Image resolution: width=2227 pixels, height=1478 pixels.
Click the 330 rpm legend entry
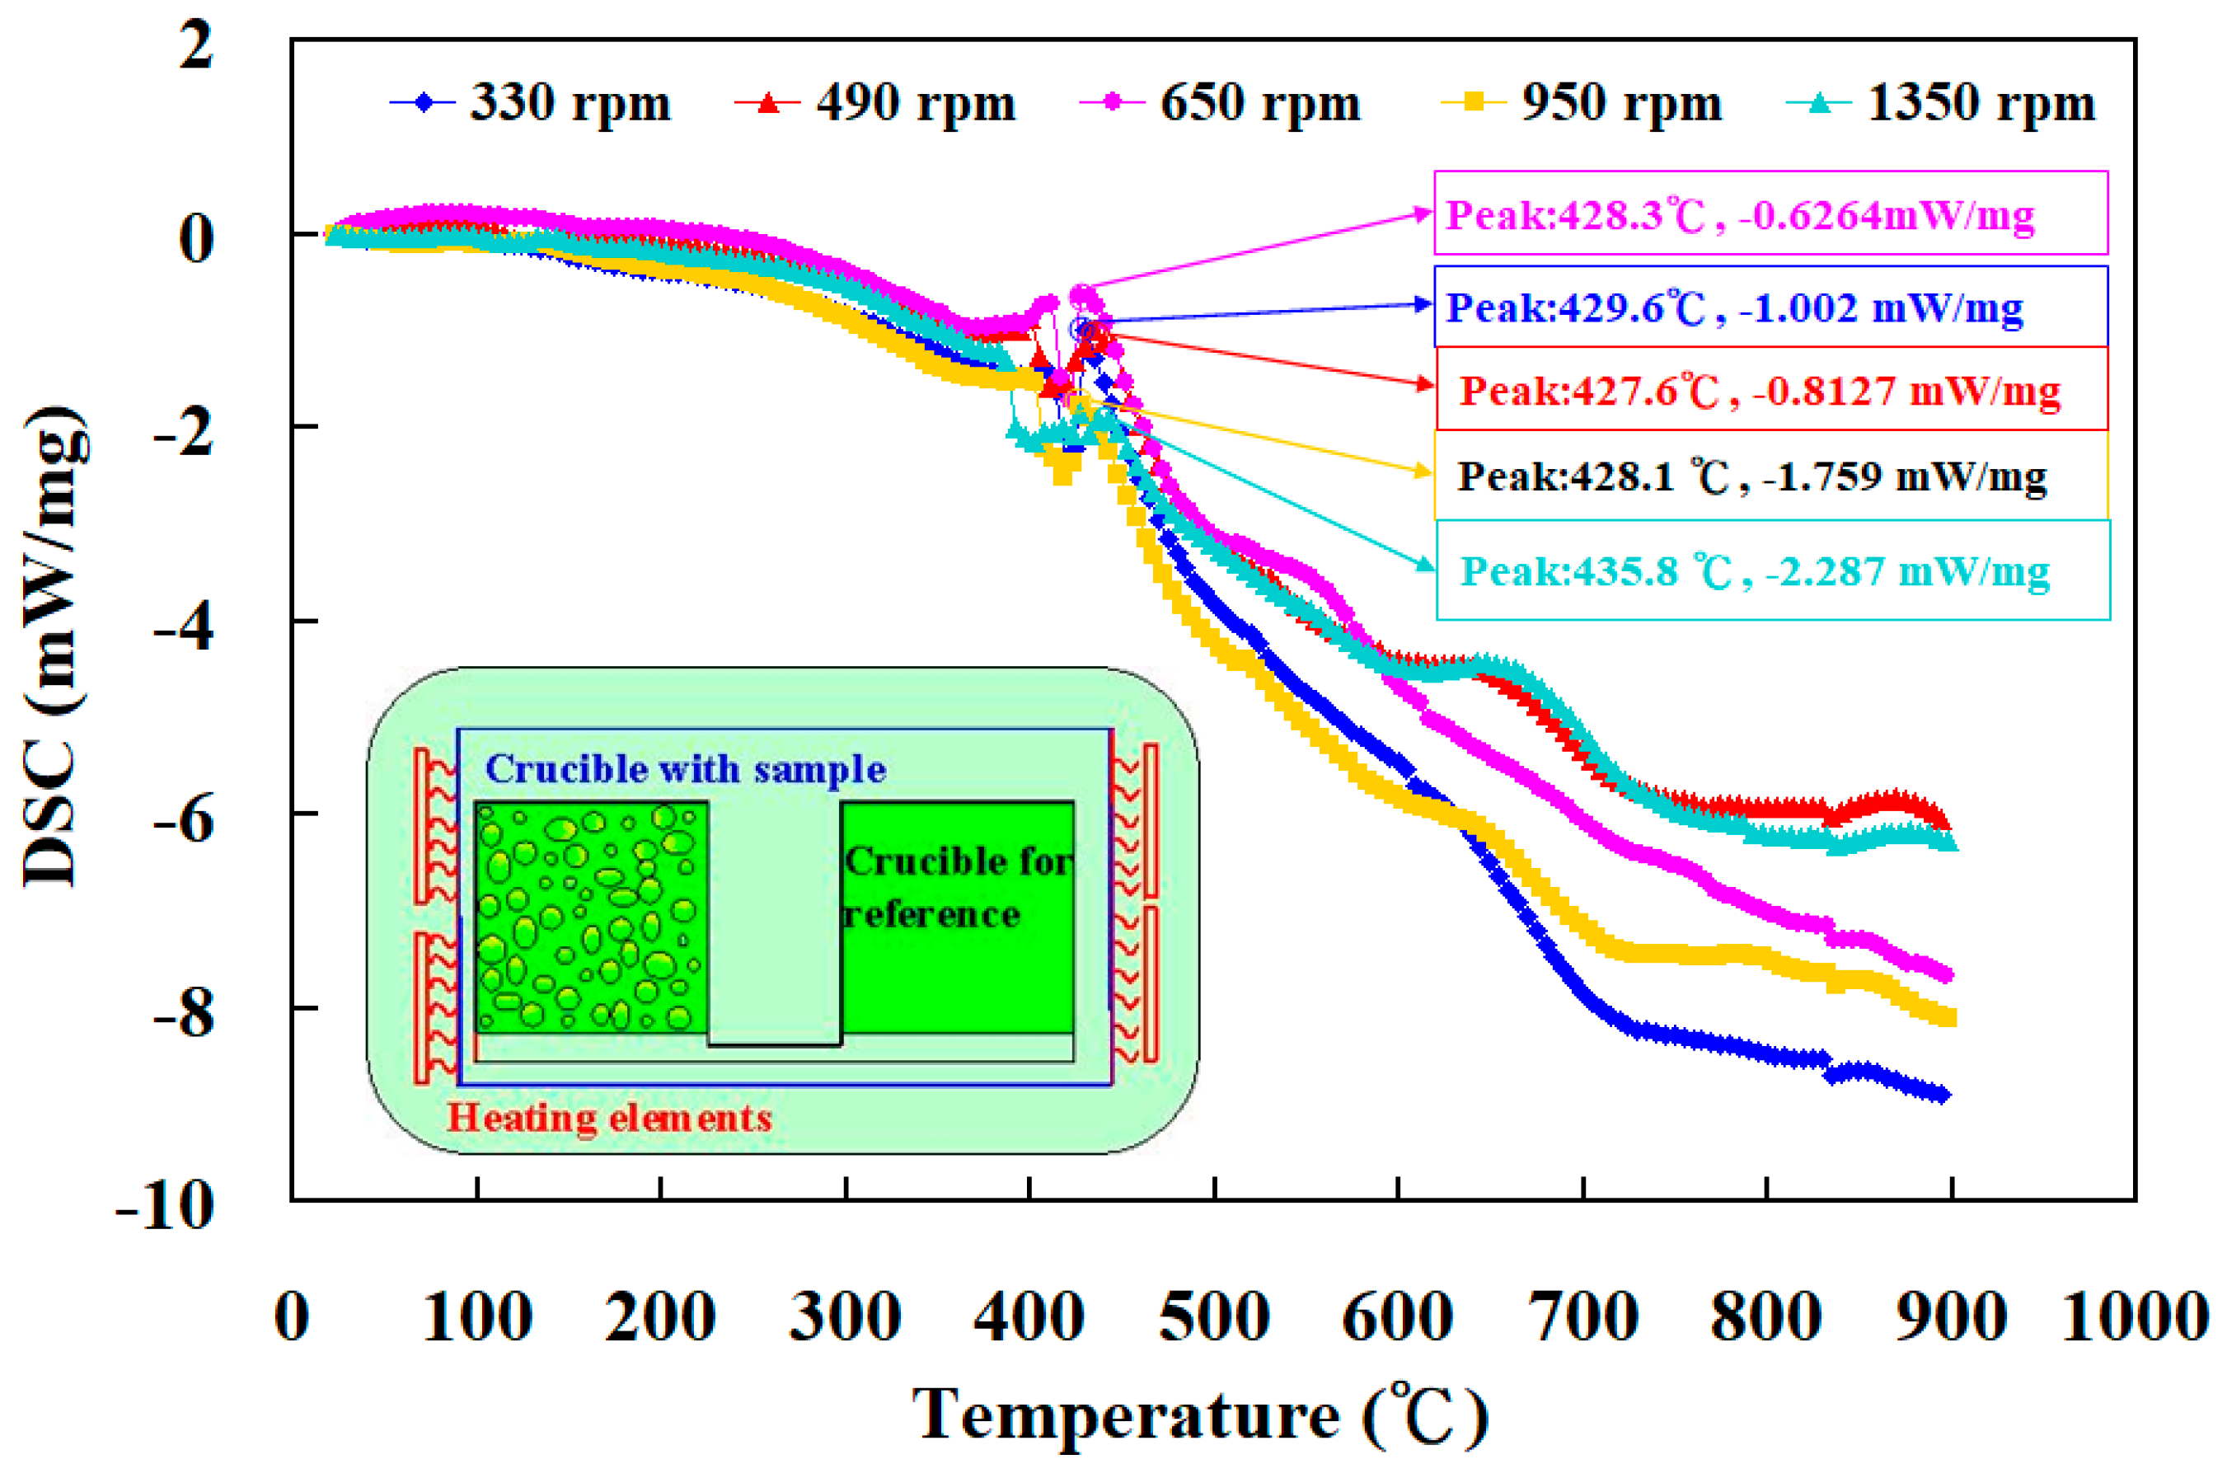coord(532,103)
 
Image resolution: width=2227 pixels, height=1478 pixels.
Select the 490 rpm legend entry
coord(876,103)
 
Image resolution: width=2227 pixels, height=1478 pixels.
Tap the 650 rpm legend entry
coord(1221,103)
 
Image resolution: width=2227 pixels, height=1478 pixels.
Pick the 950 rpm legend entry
coord(1583,103)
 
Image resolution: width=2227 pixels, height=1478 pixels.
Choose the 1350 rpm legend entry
coord(1942,103)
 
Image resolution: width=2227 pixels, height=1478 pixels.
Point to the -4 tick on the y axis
coord(185,624)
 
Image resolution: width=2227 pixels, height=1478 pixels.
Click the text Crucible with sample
coord(685,769)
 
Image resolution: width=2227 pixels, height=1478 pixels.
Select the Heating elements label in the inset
coord(609,1118)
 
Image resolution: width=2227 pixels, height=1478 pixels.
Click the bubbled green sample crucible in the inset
coord(591,916)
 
